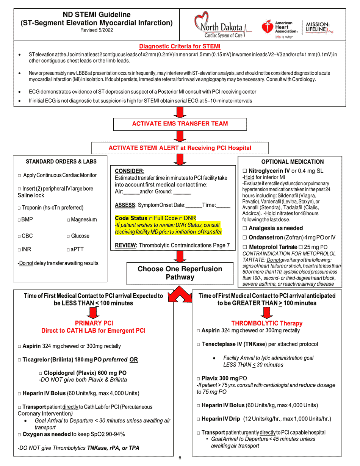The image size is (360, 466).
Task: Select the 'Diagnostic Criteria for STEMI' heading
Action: tap(180, 47)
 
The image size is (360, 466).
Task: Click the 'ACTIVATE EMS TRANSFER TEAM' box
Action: tap(180, 124)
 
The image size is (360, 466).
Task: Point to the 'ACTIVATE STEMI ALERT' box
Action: tap(180, 148)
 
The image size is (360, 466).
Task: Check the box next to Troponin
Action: tap(19, 208)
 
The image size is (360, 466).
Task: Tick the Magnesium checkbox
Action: tap(69, 220)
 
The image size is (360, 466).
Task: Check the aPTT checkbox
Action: tap(68, 250)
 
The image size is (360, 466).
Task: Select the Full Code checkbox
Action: tap(151, 219)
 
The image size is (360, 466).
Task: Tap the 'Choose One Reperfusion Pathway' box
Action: tap(180, 273)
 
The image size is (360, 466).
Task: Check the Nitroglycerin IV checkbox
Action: tap(245, 171)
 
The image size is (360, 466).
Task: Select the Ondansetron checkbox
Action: tap(245, 238)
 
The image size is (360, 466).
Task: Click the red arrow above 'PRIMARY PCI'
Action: tap(93, 312)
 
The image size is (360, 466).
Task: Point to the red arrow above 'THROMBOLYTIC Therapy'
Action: tap(267, 313)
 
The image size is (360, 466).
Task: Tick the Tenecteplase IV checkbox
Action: tap(199, 345)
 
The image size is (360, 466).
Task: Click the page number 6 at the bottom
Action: tap(180, 458)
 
